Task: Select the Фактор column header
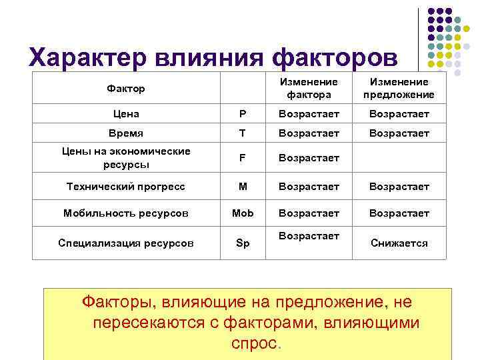(x=125, y=88)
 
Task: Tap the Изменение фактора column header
(x=309, y=88)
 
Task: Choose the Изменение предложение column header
(x=399, y=88)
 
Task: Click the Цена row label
(x=125, y=114)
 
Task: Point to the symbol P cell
(x=242, y=114)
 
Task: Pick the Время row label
(x=125, y=133)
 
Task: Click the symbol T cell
(x=242, y=133)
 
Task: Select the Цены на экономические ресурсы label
(x=125, y=157)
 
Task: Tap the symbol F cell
(x=242, y=158)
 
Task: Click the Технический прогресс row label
(x=125, y=187)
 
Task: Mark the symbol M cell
(x=242, y=187)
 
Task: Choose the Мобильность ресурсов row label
(x=125, y=213)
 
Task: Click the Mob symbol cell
(x=242, y=213)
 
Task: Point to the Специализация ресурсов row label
(x=125, y=243)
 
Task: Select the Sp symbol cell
(x=242, y=243)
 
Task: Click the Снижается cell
(x=399, y=243)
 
